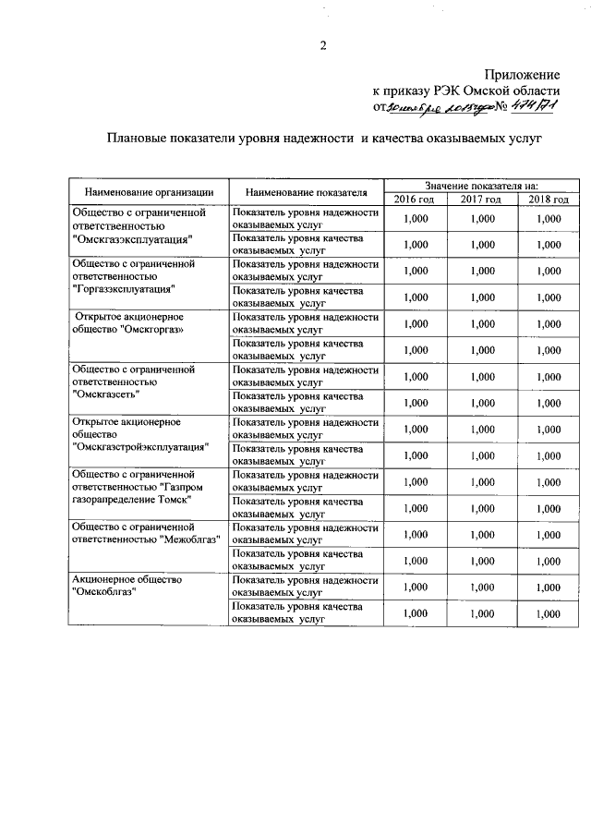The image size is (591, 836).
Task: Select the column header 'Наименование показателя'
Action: (x=307, y=192)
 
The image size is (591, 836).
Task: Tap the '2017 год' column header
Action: (x=481, y=199)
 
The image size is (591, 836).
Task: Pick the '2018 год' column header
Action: (x=549, y=199)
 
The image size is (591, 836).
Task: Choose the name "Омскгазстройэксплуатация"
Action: (x=139, y=447)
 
